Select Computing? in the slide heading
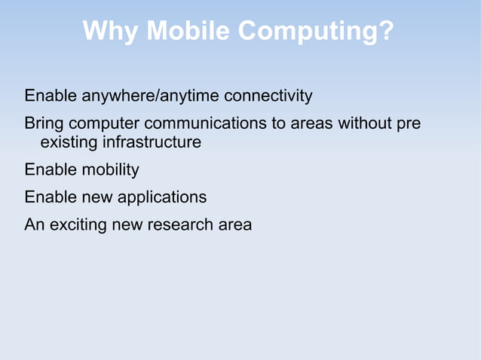tap(315, 32)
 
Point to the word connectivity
tap(268, 96)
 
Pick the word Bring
tap(44, 123)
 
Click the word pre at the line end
tap(408, 124)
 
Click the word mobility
tap(112, 170)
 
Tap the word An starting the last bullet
tap(35, 224)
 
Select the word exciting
tap(78, 224)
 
